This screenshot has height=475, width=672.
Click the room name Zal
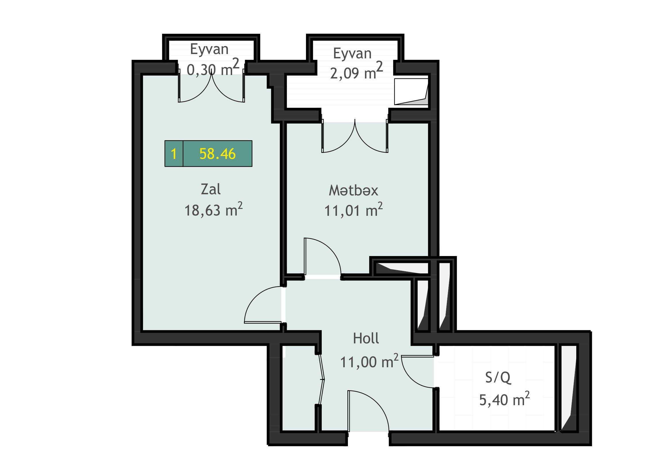pos(211,189)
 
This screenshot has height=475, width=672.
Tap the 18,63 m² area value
pos(213,209)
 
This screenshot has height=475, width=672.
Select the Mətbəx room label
pos(354,190)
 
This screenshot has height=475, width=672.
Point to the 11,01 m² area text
pos(354,209)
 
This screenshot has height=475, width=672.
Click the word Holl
pos(366,338)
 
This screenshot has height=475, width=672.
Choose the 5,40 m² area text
pos(504,399)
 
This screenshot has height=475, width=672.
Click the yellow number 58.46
pos(217,154)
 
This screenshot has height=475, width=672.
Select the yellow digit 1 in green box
pos(174,154)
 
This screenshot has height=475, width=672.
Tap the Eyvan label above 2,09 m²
pos(353,53)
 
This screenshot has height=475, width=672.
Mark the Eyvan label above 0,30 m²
pos(209,49)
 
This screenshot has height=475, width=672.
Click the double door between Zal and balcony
pos(211,88)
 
